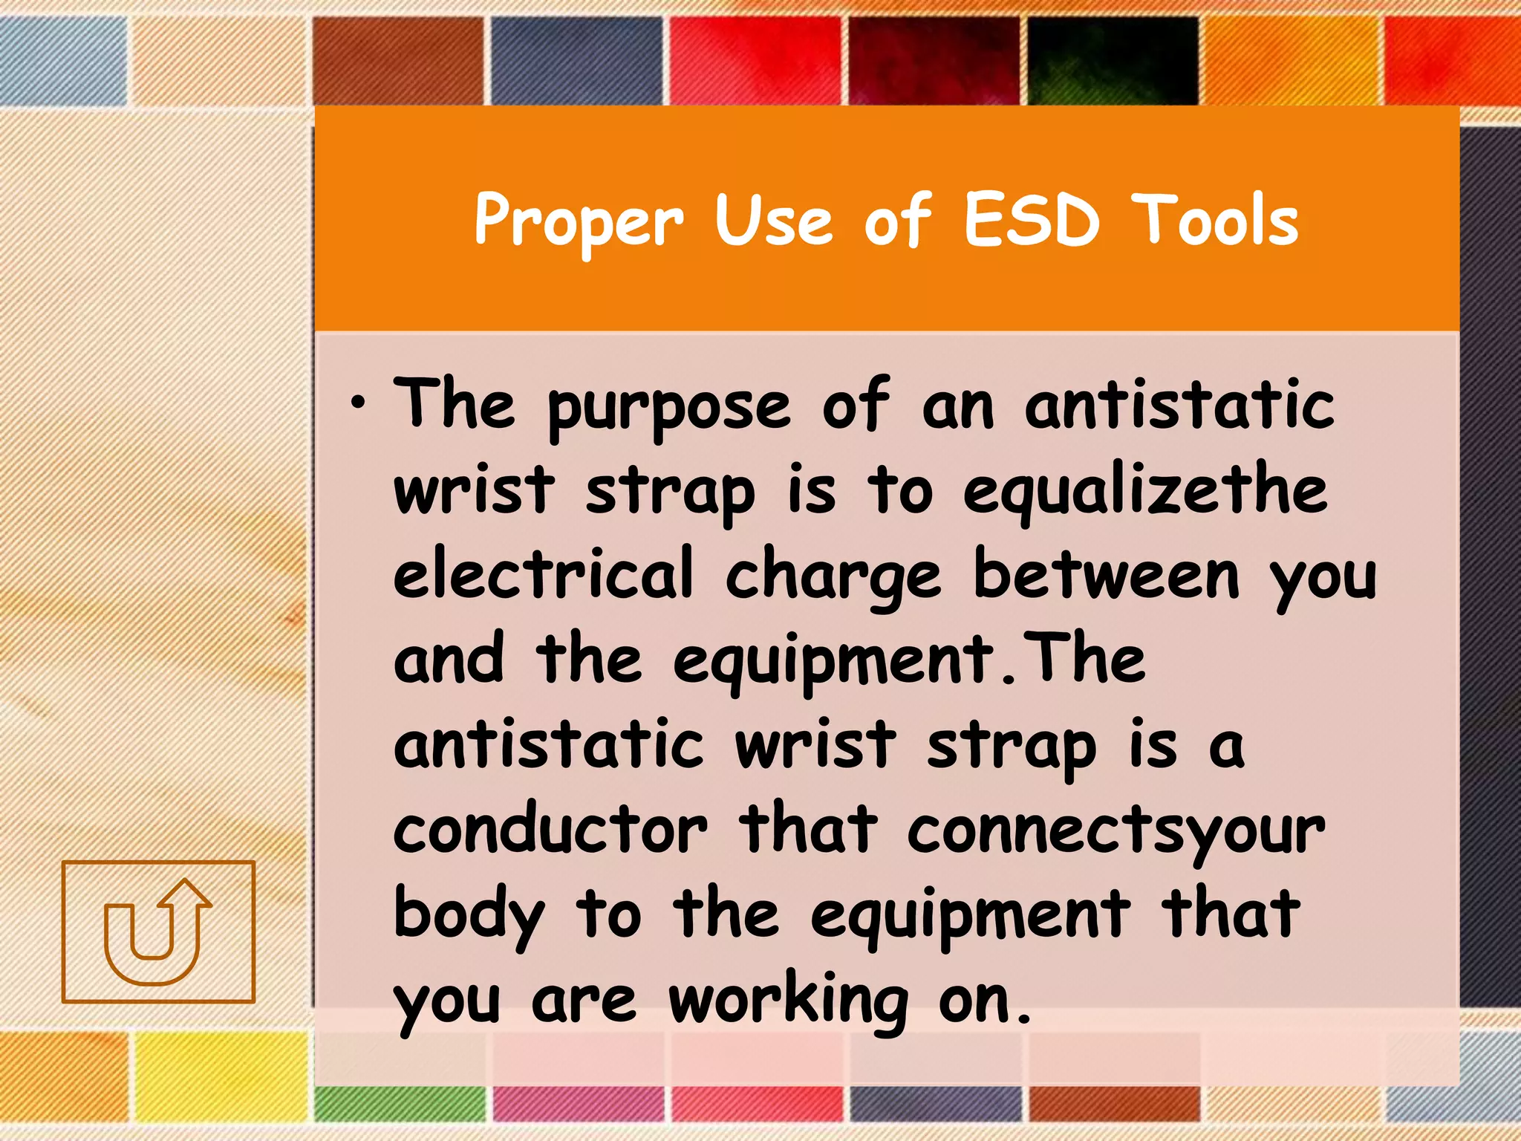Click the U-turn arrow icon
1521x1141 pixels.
click(158, 932)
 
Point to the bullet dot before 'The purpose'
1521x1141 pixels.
click(359, 404)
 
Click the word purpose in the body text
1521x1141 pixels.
click(669, 409)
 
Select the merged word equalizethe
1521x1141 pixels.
click(1144, 493)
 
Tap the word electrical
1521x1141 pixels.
click(543, 573)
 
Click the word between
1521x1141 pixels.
click(1106, 573)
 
